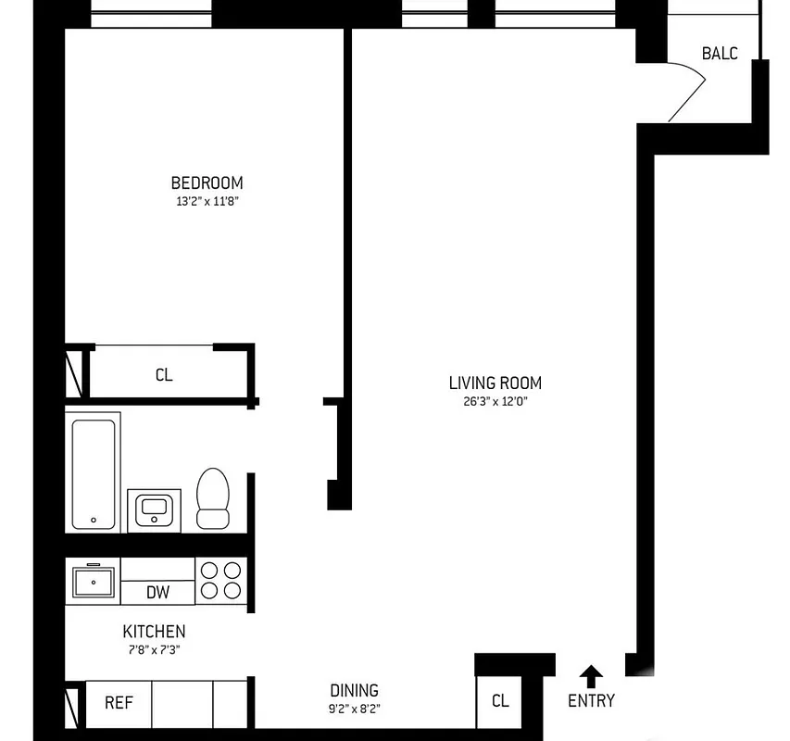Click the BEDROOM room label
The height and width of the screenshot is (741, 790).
[207, 182]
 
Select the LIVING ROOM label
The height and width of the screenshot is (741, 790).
[495, 383]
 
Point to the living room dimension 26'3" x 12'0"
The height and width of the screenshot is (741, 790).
[495, 402]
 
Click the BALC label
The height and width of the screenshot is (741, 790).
[720, 53]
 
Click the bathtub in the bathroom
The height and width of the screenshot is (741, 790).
[94, 471]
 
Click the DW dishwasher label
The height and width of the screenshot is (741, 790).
[157, 592]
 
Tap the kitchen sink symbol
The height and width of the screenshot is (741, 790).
[94, 582]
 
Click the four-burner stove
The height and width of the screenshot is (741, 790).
[221, 581]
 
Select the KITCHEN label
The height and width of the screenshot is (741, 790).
[154, 632]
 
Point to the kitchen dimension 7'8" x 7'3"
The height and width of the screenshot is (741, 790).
[154, 650]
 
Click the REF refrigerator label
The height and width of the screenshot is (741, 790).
[118, 702]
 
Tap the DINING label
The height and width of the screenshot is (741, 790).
[354, 690]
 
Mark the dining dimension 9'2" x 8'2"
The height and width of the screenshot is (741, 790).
[354, 710]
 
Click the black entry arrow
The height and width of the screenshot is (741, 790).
[591, 675]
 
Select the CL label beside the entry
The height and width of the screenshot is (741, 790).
[499, 701]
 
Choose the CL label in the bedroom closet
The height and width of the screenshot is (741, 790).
[163, 375]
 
